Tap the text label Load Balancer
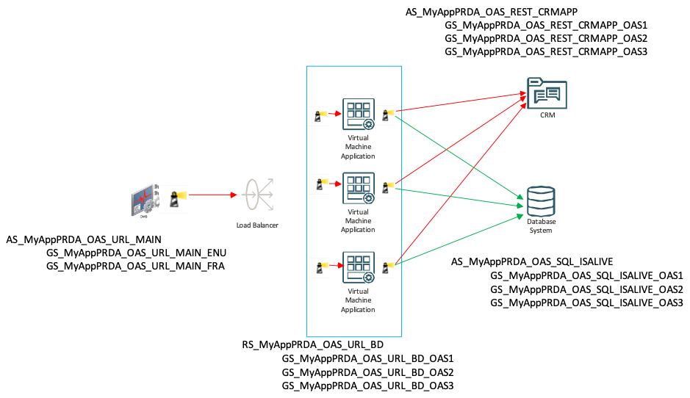coord(257,225)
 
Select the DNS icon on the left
coord(145,198)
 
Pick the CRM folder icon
coord(547,93)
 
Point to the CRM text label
coord(547,115)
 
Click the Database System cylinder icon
coord(541,200)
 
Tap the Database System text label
coord(541,226)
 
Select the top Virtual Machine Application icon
coord(358,114)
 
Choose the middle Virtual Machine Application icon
coord(358,189)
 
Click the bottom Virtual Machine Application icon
coord(358,267)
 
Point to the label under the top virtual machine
coord(358,147)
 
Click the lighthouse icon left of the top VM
coord(319,115)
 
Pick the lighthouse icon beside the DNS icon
coord(176,198)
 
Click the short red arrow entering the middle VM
coord(334,187)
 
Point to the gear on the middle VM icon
coord(369,198)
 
